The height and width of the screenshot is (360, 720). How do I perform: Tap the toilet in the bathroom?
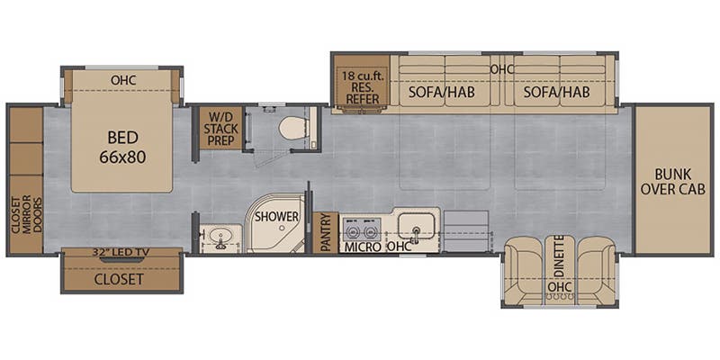click(x=293, y=128)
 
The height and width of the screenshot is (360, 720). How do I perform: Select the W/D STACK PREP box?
click(x=220, y=129)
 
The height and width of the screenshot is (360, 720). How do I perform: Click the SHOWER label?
click(x=276, y=217)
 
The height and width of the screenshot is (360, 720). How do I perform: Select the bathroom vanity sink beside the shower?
click(x=219, y=238)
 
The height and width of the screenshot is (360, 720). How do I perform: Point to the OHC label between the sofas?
click(x=500, y=68)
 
